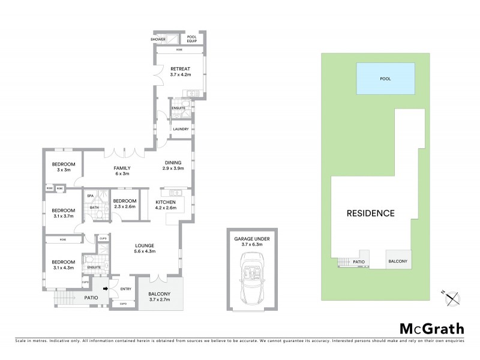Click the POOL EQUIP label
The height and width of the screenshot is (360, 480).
click(192, 39)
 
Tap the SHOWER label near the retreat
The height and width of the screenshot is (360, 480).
click(158, 40)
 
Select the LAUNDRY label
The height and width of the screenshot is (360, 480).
click(181, 129)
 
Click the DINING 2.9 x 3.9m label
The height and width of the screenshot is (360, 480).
click(175, 166)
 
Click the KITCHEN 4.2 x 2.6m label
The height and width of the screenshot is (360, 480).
click(165, 205)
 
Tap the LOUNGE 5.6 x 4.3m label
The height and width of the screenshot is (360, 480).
click(145, 248)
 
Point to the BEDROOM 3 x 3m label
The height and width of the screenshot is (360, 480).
click(63, 167)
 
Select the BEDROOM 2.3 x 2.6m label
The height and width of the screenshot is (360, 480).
click(124, 203)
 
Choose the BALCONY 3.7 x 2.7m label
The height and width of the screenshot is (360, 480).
click(159, 296)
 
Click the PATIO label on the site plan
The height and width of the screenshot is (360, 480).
click(359, 262)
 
